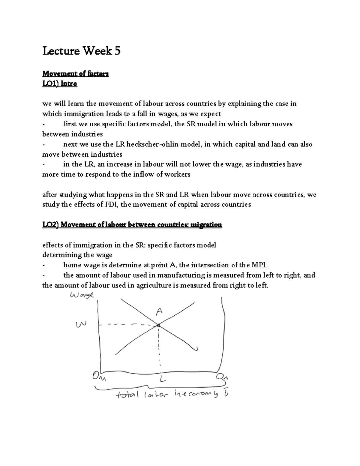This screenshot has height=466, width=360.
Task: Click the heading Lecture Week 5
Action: (81, 51)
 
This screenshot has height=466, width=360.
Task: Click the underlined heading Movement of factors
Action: (75, 74)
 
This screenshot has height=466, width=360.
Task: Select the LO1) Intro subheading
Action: (60, 84)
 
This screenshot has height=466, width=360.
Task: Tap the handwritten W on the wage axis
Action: (81, 324)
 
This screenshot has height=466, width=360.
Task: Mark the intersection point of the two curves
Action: (158, 325)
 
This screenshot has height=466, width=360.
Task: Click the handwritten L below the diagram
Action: (162, 379)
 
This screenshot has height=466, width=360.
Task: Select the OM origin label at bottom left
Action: (99, 376)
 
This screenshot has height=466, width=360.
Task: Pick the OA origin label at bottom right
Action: (222, 377)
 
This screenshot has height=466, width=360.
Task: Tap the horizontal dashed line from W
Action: (126, 325)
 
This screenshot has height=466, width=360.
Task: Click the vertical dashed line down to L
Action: (159, 348)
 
